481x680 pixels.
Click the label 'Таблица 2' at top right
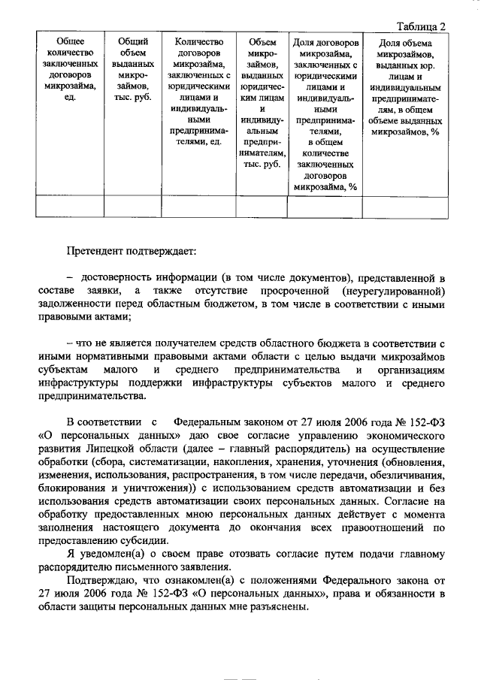click(421, 25)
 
